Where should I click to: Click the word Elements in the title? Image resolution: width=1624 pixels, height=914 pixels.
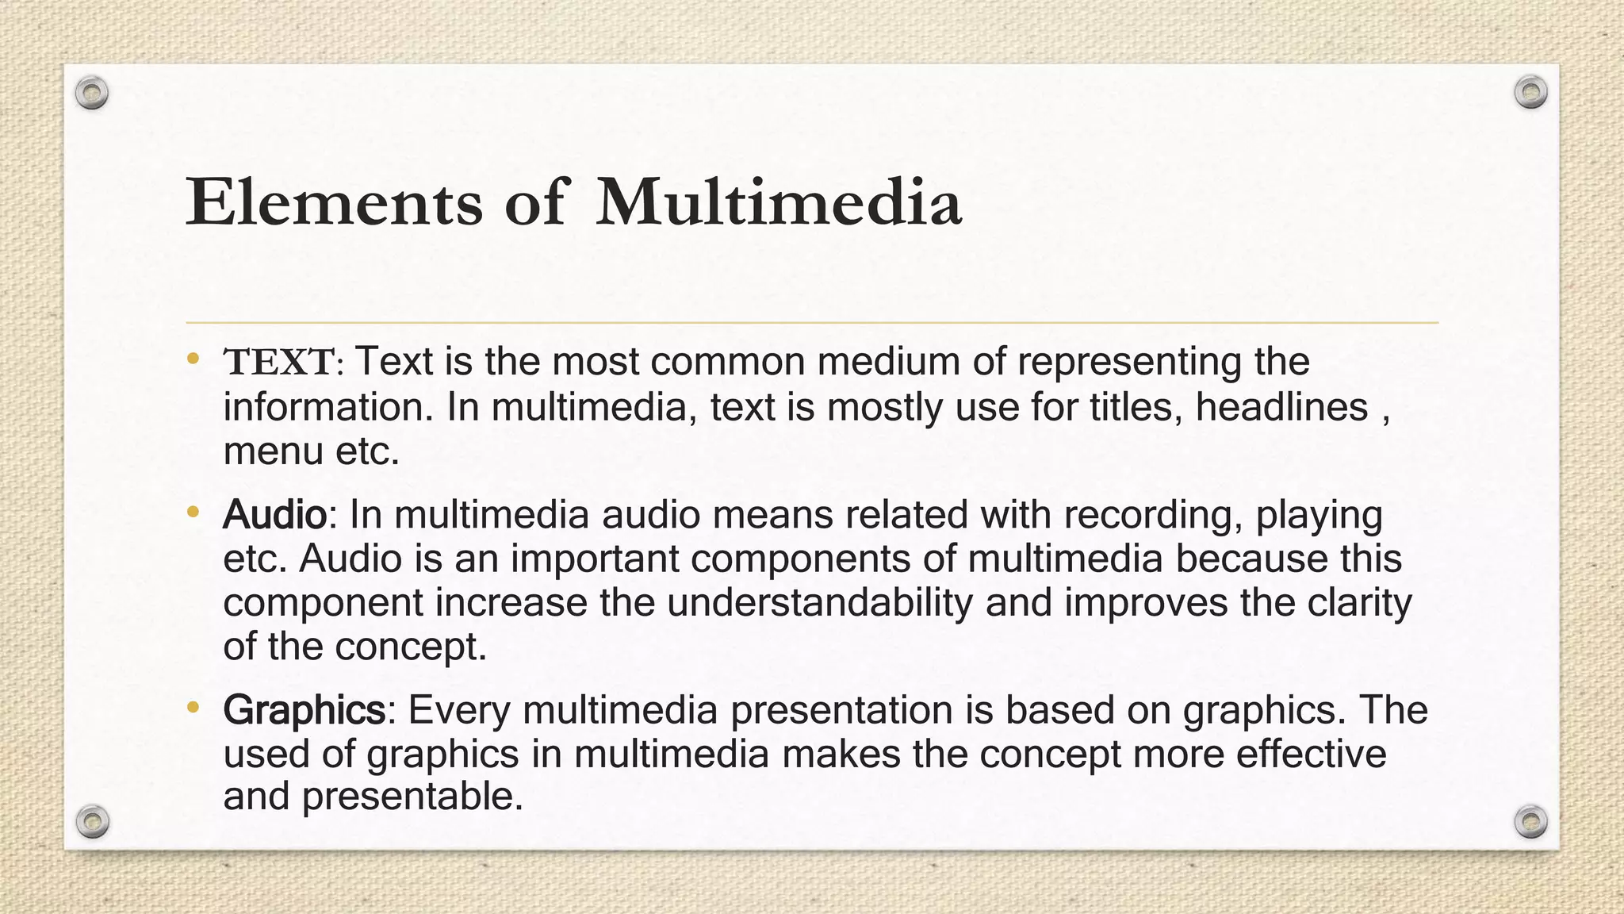(x=334, y=202)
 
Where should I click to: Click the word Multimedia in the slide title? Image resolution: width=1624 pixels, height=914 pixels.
(x=779, y=202)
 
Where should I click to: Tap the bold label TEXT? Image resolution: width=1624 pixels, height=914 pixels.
(x=279, y=363)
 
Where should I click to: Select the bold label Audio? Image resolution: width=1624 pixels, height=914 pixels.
(x=274, y=515)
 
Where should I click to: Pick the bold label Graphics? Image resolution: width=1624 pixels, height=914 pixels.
(x=304, y=709)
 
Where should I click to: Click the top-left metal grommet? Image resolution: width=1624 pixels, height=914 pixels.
(x=92, y=94)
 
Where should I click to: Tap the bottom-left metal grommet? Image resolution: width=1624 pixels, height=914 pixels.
(x=92, y=821)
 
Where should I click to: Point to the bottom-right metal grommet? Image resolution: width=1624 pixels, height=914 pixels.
(x=1530, y=821)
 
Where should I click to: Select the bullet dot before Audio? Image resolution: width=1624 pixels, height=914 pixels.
(x=193, y=513)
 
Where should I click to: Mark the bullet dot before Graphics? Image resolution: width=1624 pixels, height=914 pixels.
(x=193, y=707)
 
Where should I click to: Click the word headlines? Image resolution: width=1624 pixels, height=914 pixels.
(x=1281, y=408)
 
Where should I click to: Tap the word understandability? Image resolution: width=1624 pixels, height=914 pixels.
(x=819, y=603)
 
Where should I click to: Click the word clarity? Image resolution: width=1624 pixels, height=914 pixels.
(x=1359, y=603)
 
